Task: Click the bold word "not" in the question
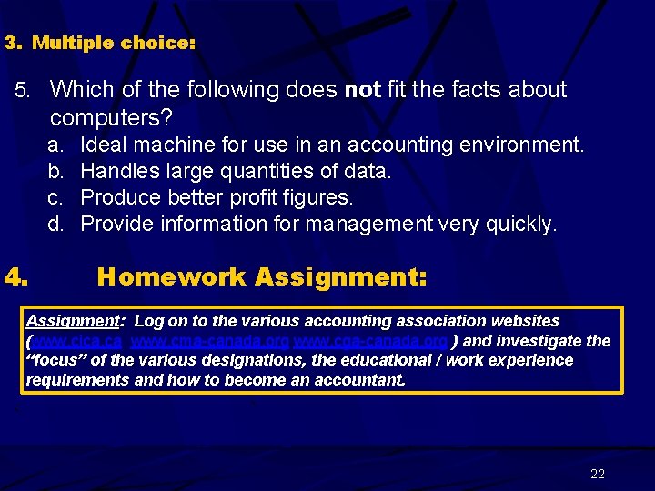[363, 90]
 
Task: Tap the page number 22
[598, 474]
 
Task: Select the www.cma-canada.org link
[210, 341]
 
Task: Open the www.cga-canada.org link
[370, 341]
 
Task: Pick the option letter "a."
[55, 145]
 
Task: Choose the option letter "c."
[55, 197]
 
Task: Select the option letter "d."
[55, 224]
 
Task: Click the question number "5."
[25, 91]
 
